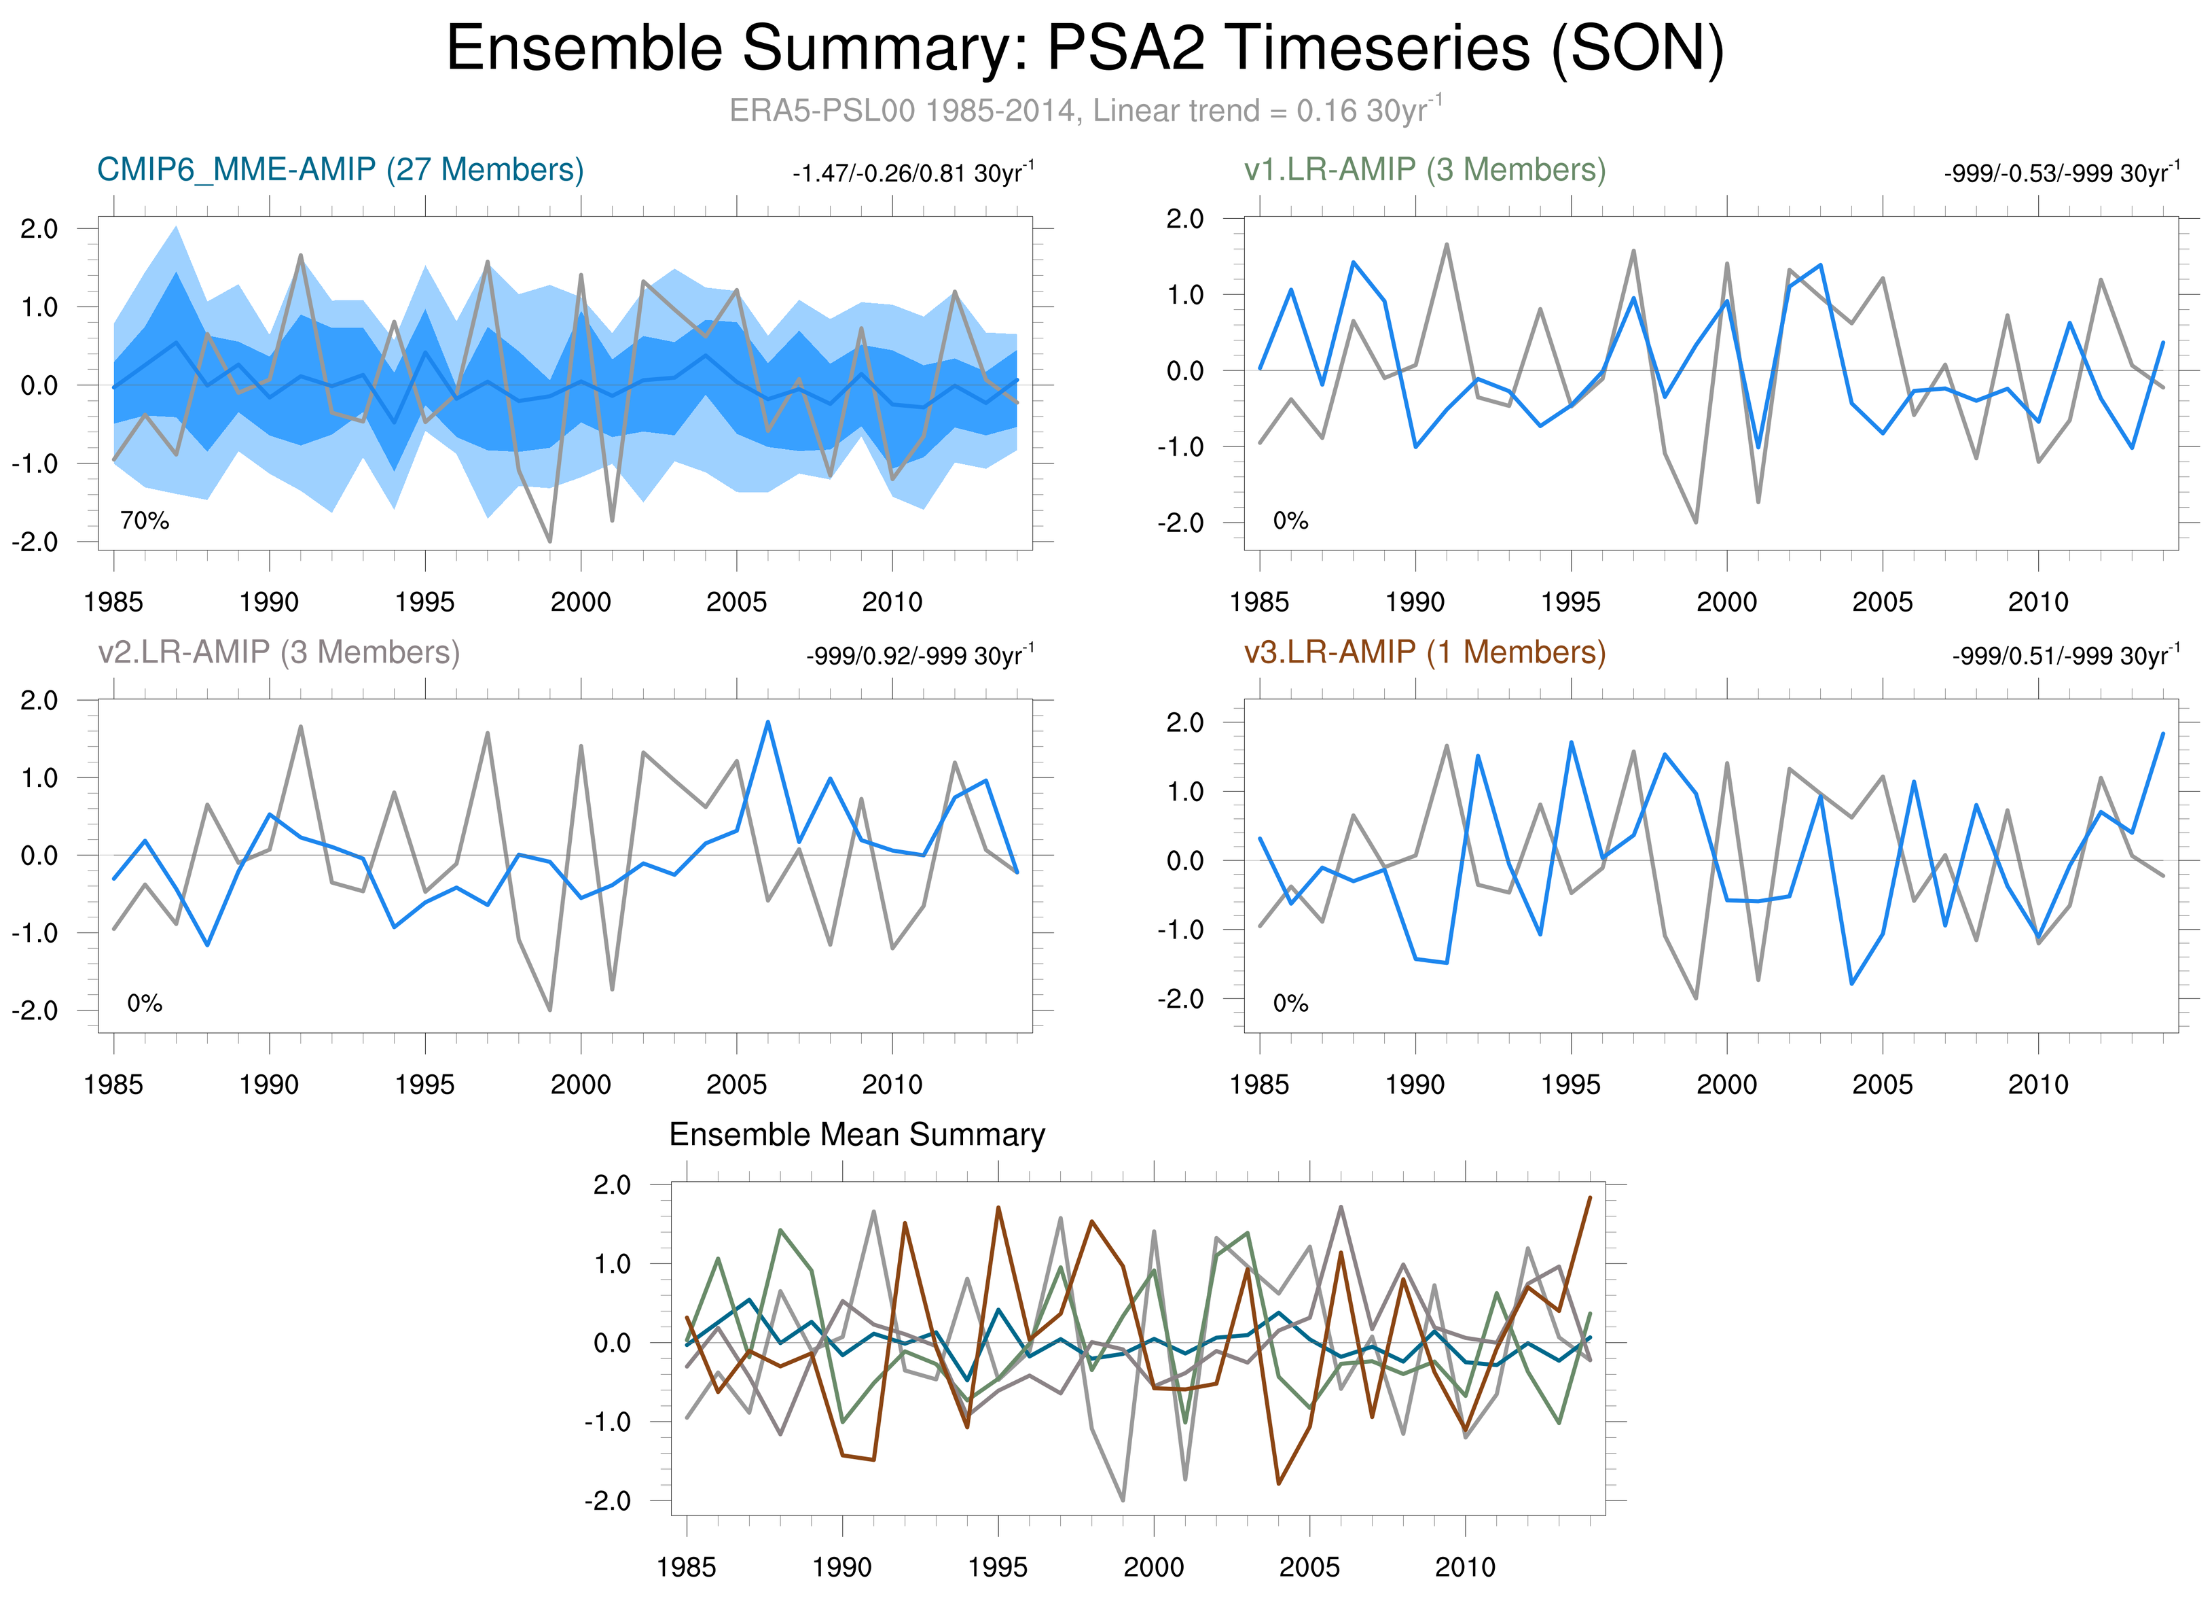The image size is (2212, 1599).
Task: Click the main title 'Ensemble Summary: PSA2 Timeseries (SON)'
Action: pyautogui.click(x=1085, y=49)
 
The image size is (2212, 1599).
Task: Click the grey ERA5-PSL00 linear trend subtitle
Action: pyautogui.click(x=1085, y=110)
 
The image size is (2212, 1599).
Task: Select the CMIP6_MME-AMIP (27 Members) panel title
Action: pyautogui.click(x=340, y=170)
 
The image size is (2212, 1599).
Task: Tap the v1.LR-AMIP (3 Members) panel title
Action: pyautogui.click(x=1424, y=170)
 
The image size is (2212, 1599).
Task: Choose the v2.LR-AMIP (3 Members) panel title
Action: pyautogui.click(x=279, y=652)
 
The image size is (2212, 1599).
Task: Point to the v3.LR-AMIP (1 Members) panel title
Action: pyautogui.click(x=1424, y=652)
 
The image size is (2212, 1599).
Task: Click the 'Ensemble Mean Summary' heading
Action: pyautogui.click(x=856, y=1135)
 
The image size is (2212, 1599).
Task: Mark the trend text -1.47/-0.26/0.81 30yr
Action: pyautogui.click(x=912, y=174)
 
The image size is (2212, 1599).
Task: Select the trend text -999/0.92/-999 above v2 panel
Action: pyautogui.click(x=919, y=656)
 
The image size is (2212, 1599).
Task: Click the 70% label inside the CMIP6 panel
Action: pyautogui.click(x=145, y=521)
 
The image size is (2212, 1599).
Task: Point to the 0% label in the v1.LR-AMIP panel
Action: pyautogui.click(x=1290, y=521)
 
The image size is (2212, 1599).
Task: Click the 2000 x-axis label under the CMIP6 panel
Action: pyautogui.click(x=580, y=602)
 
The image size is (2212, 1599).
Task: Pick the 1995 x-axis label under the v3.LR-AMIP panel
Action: pyautogui.click(x=1570, y=1084)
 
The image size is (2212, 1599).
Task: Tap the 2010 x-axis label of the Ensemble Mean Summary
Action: pyautogui.click(x=1464, y=1567)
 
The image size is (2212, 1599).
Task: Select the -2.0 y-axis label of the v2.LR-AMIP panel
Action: pyautogui.click(x=35, y=1011)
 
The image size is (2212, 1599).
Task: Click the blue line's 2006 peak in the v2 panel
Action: pyautogui.click(x=767, y=722)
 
